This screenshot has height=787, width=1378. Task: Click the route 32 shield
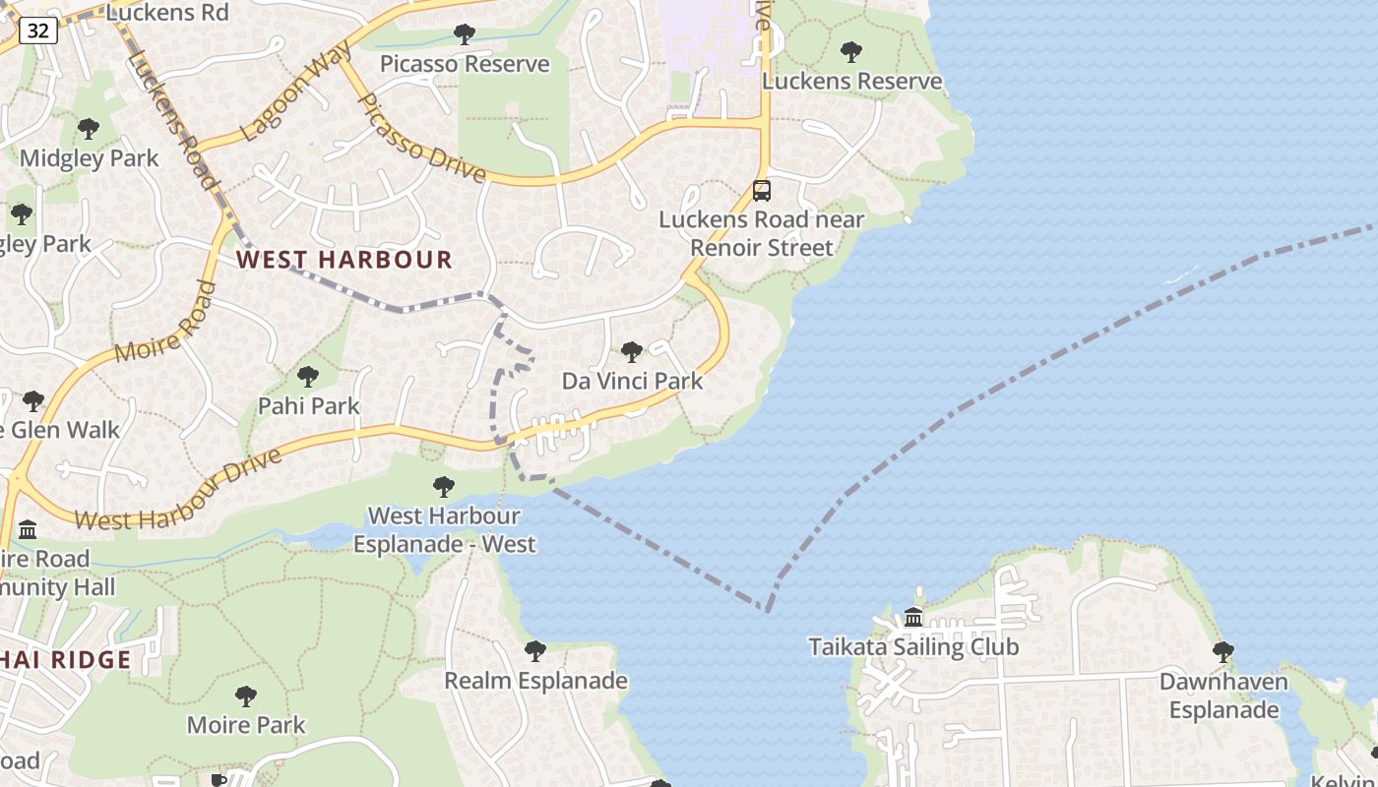pos(37,31)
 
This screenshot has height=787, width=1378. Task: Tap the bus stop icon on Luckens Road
pos(762,191)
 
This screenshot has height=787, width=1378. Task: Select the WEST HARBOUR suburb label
pos(344,260)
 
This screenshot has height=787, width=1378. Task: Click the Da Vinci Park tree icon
pos(632,352)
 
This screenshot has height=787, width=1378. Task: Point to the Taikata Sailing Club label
pos(913,647)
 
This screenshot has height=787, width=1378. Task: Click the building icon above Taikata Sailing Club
pos(913,618)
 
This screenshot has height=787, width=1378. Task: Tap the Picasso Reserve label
pos(465,65)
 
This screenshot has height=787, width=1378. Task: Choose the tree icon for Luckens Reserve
pos(851,52)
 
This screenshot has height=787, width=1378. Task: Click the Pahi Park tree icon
pos(308,377)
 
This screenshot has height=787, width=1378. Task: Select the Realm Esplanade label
pos(535,681)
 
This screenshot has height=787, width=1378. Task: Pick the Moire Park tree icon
pos(246,696)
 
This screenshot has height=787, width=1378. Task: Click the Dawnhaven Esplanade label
pos(1223,696)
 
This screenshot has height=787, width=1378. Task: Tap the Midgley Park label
pos(89,157)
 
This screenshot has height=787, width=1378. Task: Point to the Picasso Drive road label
pos(420,140)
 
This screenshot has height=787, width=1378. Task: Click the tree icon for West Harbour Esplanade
pos(444,486)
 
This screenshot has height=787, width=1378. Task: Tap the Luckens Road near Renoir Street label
pos(762,233)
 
